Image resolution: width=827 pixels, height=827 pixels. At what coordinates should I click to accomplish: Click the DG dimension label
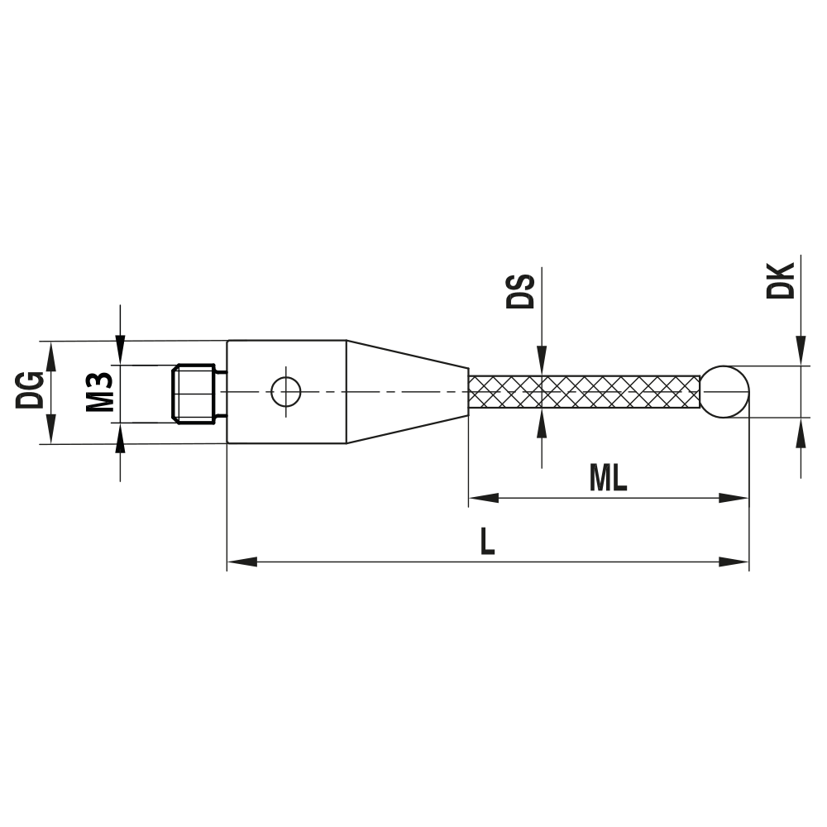31,391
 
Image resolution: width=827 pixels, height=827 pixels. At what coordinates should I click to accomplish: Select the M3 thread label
99,392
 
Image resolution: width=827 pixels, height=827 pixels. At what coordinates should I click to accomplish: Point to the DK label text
781,281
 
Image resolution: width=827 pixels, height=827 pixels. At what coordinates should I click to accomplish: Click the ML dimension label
608,478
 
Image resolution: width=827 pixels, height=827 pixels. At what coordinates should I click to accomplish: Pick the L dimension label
488,543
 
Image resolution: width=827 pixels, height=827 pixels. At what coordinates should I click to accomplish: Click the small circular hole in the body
285,392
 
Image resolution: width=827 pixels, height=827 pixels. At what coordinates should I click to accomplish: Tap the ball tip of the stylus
725,391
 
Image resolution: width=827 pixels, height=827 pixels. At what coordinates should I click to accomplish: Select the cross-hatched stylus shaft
584,391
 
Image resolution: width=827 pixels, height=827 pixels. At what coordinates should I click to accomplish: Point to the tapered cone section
405,391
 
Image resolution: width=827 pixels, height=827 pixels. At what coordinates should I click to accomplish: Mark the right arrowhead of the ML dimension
734,499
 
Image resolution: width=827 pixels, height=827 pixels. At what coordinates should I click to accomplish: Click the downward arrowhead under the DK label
801,351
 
